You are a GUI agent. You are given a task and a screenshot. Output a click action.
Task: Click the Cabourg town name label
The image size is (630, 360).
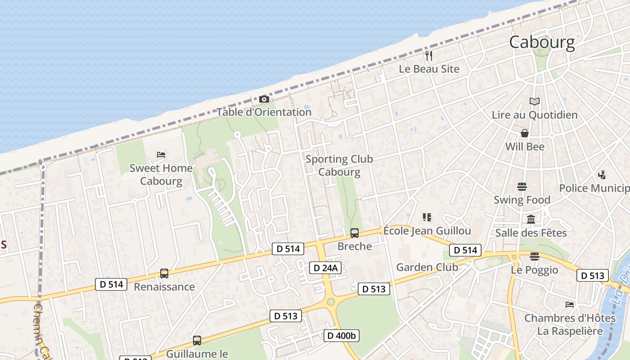pyautogui.click(x=542, y=42)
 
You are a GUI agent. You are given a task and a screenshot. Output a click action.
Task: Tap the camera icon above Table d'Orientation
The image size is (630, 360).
pyautogui.click(x=264, y=99)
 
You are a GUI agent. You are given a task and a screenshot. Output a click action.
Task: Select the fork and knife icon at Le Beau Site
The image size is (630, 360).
pyautogui.click(x=429, y=56)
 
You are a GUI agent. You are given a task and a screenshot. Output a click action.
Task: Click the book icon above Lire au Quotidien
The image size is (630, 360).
pyautogui.click(x=535, y=102)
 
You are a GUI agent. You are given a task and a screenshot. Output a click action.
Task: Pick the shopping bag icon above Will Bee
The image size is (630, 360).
pyautogui.click(x=525, y=133)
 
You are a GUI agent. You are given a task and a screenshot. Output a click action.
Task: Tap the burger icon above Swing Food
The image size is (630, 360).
pyautogui.click(x=522, y=186)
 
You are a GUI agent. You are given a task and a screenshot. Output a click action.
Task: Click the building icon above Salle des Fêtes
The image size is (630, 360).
pyautogui.click(x=531, y=220)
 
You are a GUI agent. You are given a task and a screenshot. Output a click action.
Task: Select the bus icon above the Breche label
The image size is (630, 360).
pyautogui.click(x=355, y=233)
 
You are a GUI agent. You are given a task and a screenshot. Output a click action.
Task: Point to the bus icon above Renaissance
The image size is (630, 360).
pyautogui.click(x=164, y=274)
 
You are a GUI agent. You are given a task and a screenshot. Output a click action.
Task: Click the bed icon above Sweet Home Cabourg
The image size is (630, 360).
pyautogui.click(x=161, y=155)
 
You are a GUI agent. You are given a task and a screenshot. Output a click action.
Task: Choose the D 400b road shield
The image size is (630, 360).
pyautogui.click(x=342, y=335)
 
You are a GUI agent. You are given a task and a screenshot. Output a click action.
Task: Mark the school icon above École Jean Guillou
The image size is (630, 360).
pyautogui.click(x=427, y=218)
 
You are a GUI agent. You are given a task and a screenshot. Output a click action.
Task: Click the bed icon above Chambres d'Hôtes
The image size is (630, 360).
pyautogui.click(x=570, y=305)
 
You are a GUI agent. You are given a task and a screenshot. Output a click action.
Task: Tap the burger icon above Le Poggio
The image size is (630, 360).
pyautogui.click(x=535, y=256)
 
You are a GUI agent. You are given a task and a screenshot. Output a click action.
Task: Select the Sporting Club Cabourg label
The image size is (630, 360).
pyautogui.click(x=339, y=166)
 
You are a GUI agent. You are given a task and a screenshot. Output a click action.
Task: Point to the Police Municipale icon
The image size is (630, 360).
pyautogui.click(x=602, y=175)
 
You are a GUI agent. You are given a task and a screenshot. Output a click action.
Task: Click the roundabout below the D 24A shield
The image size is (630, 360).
pyautogui.click(x=331, y=302)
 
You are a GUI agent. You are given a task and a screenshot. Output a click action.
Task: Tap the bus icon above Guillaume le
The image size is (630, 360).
pyautogui.click(x=197, y=341)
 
